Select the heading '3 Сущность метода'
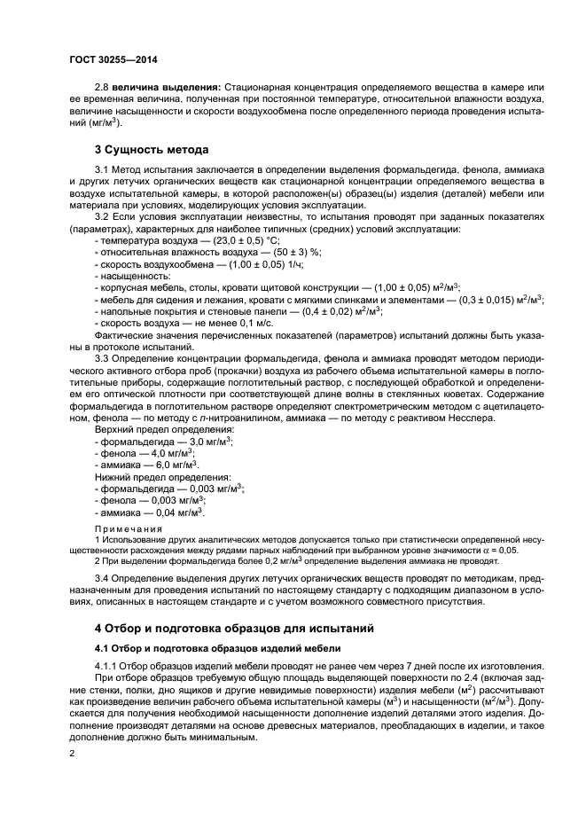click(152, 149)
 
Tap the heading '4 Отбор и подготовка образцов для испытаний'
click(235, 628)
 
